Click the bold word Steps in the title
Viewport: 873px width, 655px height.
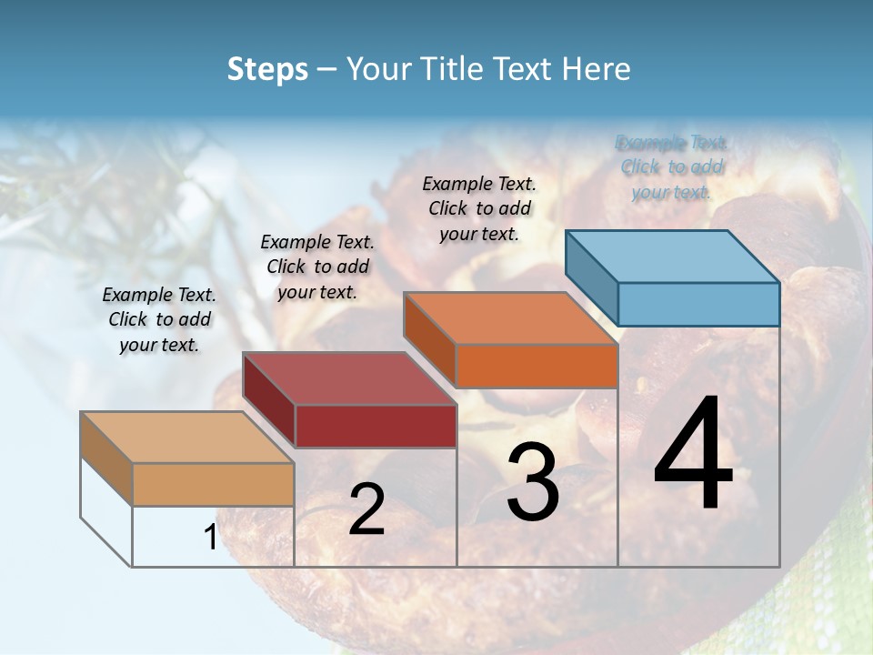[267, 69]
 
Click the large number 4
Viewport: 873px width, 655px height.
[694, 456]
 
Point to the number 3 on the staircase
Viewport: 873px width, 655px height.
[533, 483]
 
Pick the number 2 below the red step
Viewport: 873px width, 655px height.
[366, 510]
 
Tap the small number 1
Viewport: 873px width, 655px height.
[210, 538]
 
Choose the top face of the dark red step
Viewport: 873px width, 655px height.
[348, 378]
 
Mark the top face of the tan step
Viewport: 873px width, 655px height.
[186, 438]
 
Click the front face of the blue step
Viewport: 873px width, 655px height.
[698, 304]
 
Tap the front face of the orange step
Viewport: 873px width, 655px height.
[537, 366]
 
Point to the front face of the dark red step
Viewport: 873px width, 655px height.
[376, 426]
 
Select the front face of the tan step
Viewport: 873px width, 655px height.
[213, 484]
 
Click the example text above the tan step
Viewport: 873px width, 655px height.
[159, 319]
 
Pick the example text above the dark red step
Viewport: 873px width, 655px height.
[317, 267]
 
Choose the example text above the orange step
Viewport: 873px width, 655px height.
[479, 208]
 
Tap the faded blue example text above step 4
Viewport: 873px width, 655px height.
[671, 166]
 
